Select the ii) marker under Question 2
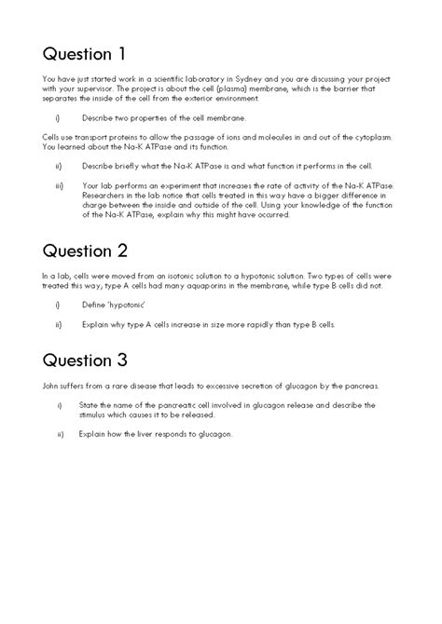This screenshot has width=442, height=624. click(x=59, y=324)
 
